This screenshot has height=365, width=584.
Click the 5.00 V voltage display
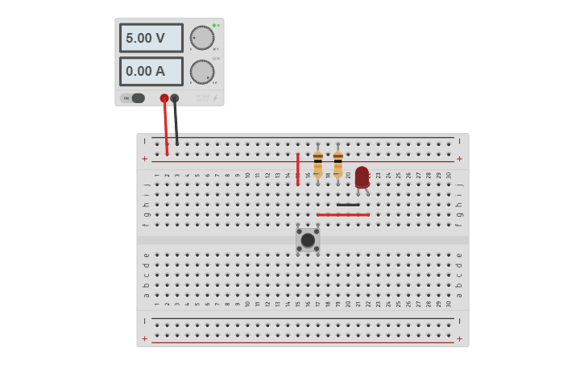click(x=151, y=38)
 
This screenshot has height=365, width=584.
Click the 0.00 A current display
click(x=151, y=71)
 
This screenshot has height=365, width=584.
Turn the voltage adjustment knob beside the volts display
click(x=201, y=38)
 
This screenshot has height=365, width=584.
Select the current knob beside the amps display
click(x=201, y=72)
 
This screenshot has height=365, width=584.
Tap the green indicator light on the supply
click(x=214, y=26)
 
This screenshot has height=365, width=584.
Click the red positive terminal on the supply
click(x=164, y=98)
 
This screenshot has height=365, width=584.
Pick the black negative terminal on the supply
click(x=175, y=98)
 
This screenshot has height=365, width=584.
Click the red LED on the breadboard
click(x=362, y=176)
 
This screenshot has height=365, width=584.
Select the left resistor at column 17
click(x=318, y=164)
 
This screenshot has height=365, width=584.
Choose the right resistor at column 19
click(x=338, y=164)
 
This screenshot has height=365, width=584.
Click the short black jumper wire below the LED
click(x=348, y=205)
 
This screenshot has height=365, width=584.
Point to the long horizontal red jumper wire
click(x=342, y=215)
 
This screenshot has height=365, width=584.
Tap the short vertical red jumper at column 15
click(x=298, y=169)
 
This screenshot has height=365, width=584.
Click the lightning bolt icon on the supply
click(x=214, y=98)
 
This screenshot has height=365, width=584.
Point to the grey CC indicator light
click(x=214, y=59)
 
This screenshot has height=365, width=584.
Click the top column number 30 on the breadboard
click(x=449, y=175)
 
